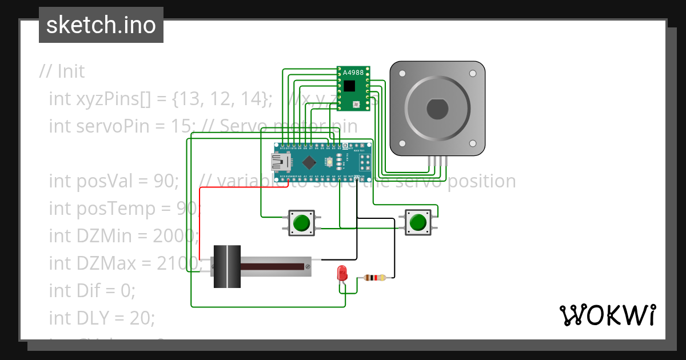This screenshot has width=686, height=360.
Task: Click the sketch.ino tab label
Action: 101,25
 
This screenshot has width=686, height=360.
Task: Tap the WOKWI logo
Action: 607,315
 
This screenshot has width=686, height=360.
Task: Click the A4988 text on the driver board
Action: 352,73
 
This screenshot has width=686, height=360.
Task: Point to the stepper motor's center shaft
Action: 437,109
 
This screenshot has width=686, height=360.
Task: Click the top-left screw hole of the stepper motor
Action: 402,74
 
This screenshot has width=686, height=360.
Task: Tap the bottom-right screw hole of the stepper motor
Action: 472,143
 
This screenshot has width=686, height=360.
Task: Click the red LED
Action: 342,273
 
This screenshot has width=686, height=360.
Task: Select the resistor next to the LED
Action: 374,278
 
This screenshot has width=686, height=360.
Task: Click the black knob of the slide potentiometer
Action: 227,266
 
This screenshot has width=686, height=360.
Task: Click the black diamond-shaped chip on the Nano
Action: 309,162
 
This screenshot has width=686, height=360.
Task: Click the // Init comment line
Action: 62,71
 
